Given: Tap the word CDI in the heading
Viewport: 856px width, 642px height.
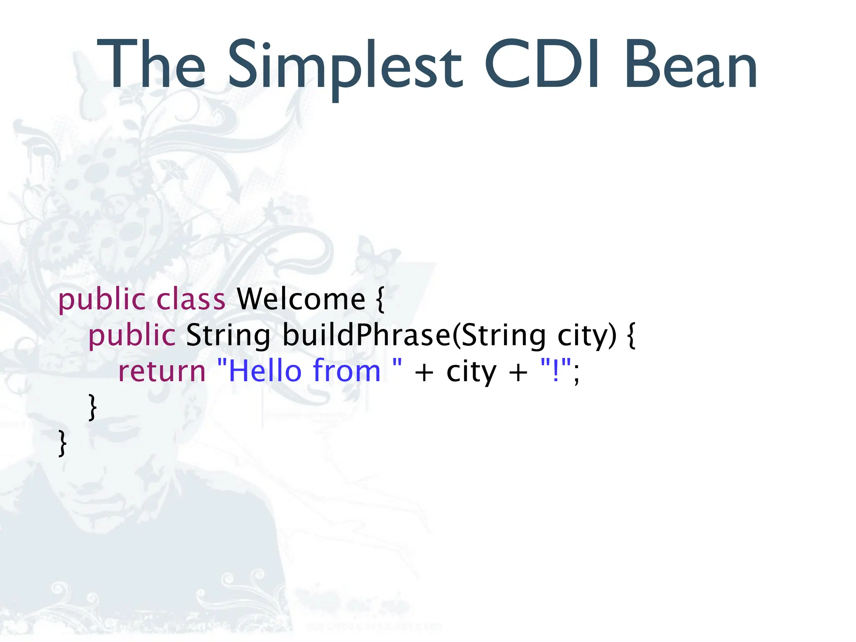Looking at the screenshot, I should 543,65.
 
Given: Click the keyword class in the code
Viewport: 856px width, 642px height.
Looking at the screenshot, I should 191,299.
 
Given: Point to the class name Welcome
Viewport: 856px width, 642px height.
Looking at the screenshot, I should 301,299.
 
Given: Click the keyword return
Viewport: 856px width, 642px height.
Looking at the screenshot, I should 162,372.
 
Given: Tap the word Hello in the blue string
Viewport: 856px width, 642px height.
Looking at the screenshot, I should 265,371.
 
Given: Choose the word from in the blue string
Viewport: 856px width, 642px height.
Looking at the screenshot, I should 346,371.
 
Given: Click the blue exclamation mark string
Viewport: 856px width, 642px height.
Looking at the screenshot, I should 555,371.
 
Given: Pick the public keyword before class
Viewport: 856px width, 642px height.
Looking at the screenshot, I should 102,300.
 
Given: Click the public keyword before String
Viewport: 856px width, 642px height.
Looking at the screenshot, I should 132,336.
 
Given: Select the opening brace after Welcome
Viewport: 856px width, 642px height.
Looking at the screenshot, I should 380,300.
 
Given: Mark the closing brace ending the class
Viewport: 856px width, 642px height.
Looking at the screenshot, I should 63,443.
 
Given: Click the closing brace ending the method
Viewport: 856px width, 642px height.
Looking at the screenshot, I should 93,407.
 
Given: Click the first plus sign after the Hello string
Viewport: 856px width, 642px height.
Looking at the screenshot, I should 424,372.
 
